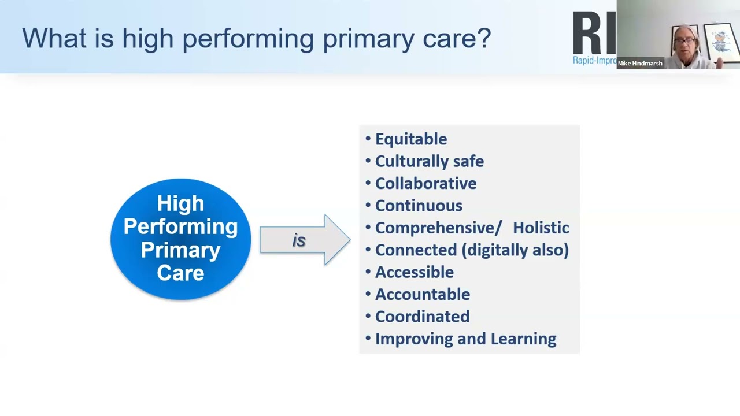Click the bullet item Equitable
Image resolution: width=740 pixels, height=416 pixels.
410,139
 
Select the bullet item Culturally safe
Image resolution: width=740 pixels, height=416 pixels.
429,161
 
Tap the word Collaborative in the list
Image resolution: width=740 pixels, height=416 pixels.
425,184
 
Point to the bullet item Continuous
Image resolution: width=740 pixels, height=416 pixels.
419,206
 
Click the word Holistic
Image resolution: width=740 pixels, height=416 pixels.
541,228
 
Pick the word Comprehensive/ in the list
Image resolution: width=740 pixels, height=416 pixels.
438,228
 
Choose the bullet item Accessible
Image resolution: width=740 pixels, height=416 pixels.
414,272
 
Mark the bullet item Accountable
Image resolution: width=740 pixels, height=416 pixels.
422,295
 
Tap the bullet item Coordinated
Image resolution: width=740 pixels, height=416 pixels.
422,317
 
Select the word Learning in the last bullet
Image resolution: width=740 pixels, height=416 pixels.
524,339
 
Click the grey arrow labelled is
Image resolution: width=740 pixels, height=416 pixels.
304,240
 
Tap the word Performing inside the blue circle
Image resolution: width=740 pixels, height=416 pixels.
180,226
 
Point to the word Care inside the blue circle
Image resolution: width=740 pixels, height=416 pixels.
180,273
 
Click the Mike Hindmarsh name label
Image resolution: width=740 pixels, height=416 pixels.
640,64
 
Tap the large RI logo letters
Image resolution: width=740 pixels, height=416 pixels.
594,33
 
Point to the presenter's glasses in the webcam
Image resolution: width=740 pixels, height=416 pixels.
684,42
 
